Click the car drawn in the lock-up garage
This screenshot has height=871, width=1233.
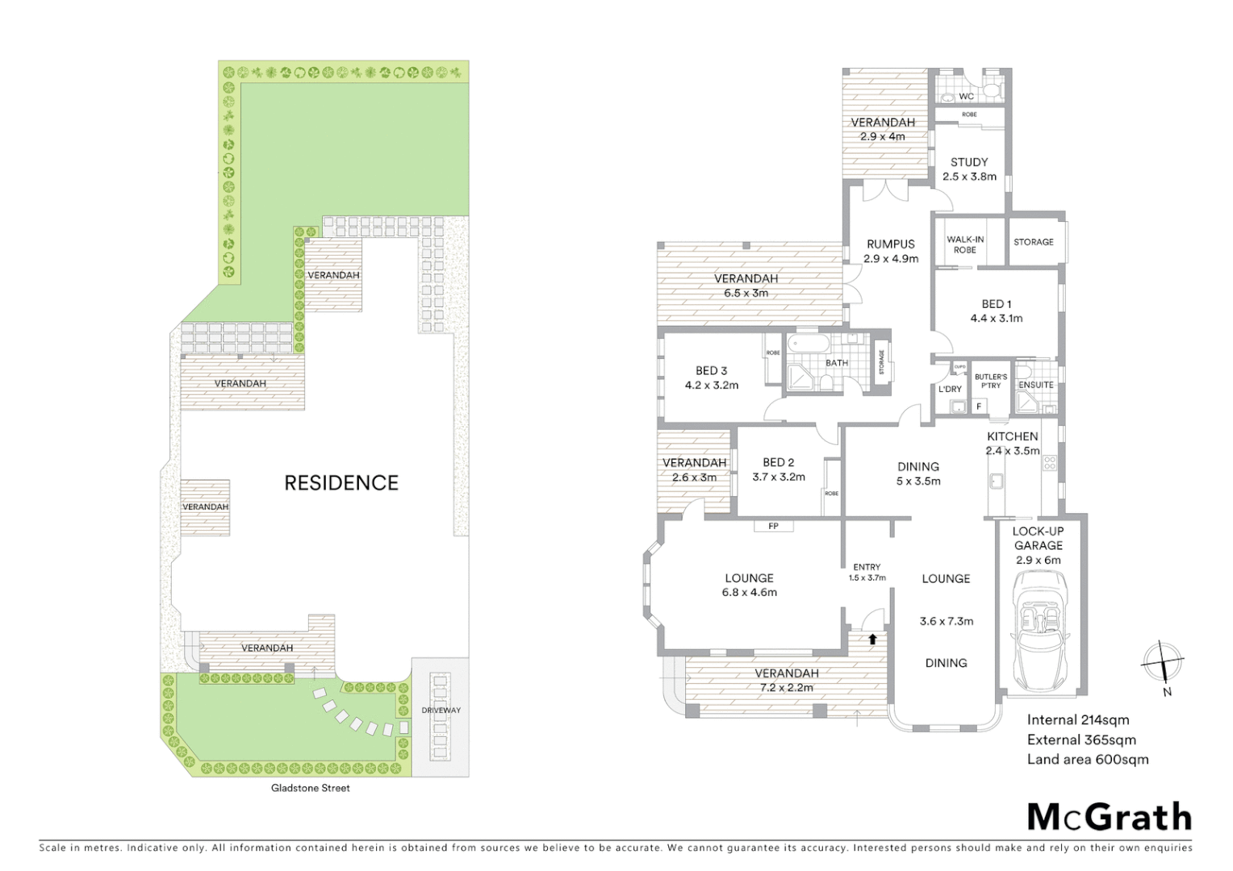1038,628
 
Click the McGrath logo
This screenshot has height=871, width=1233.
1109,817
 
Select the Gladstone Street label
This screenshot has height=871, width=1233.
311,788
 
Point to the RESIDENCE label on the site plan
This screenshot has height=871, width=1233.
341,482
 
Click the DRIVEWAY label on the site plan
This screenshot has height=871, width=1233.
441,711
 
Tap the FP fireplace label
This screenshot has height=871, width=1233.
773,527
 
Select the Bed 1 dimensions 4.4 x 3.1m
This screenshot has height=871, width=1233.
997,319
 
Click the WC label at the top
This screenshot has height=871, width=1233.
966,97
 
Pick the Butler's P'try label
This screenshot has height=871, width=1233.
990,381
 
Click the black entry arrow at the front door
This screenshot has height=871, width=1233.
872,639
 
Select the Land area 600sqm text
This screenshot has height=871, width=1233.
1087,759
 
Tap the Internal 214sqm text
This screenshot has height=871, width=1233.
1077,720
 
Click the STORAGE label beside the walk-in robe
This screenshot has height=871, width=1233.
1033,242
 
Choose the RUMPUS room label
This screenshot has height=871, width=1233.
891,244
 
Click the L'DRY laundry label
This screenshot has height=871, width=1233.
950,390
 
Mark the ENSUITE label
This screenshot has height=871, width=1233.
1036,385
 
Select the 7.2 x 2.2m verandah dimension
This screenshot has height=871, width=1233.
786,688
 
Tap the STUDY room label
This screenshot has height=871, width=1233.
969,162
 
